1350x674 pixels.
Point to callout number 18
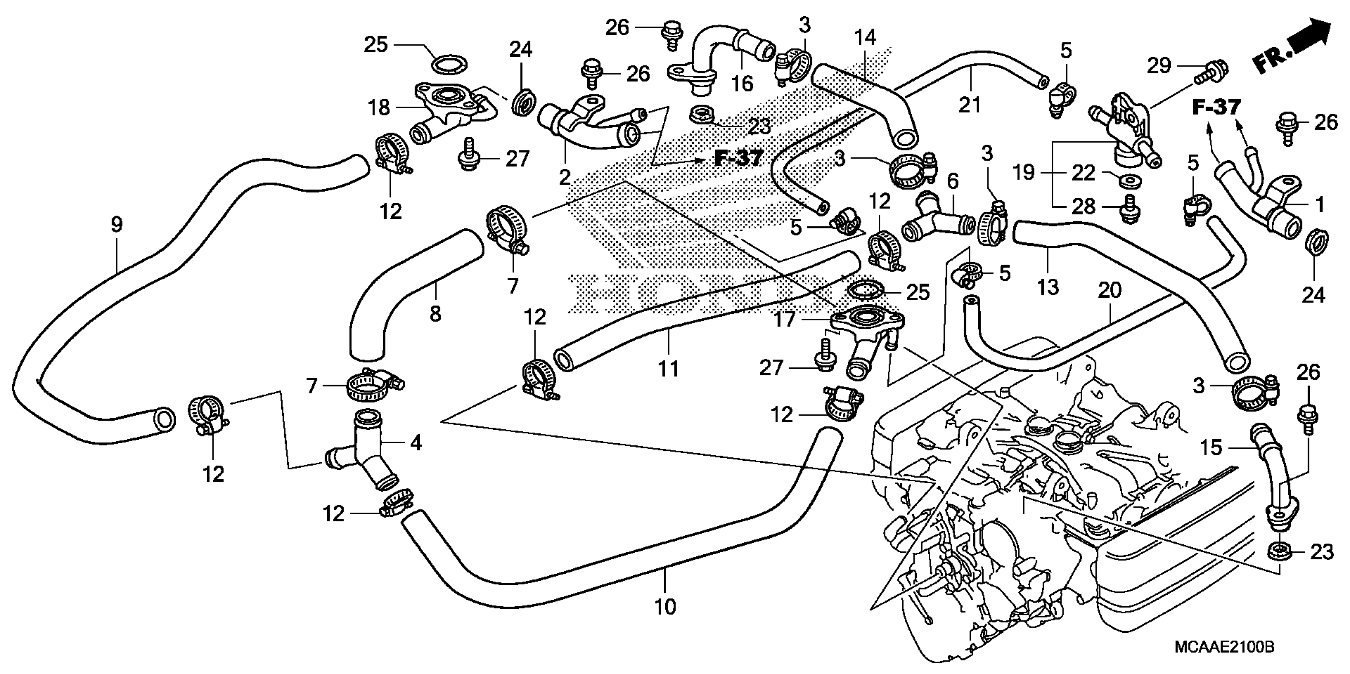pyautogui.click(x=379, y=107)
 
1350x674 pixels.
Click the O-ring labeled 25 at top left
pyautogui.click(x=449, y=67)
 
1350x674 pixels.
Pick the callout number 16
pyautogui.click(x=742, y=83)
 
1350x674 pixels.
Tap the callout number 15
pyautogui.click(x=1211, y=447)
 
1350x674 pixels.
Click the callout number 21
pyautogui.click(x=969, y=105)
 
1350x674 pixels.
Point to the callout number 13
pyautogui.click(x=1048, y=287)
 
